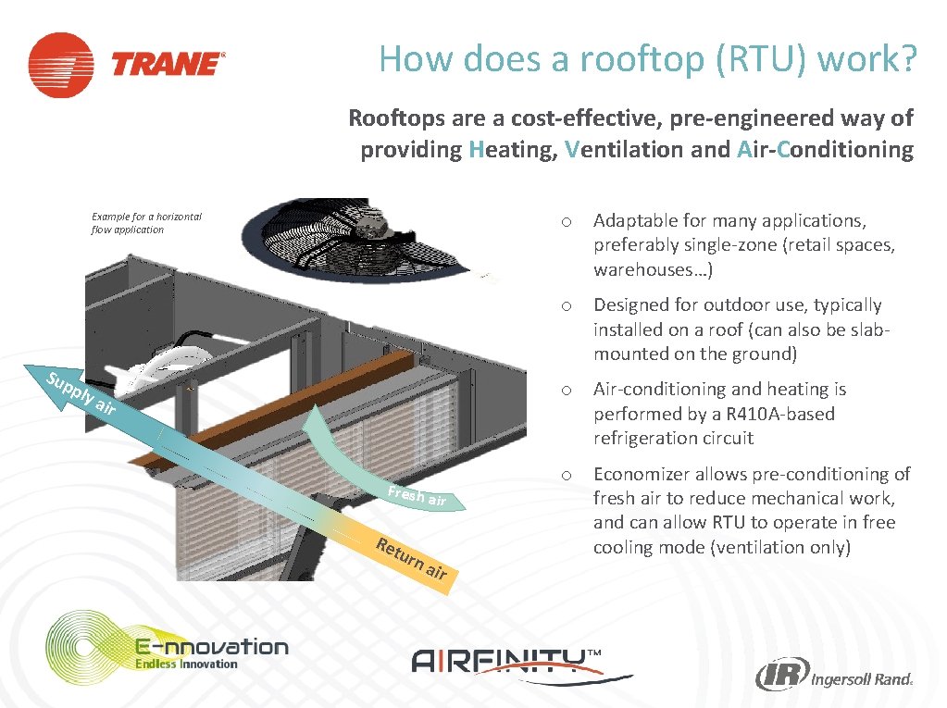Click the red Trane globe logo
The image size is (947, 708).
(x=60, y=65)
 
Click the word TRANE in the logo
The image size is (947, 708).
(x=168, y=65)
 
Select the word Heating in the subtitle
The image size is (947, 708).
(x=513, y=149)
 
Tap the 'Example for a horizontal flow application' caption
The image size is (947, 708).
(x=145, y=223)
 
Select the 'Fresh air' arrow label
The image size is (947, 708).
(x=417, y=496)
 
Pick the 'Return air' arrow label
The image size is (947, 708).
(x=411, y=557)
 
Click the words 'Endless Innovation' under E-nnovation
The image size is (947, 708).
(x=186, y=664)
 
